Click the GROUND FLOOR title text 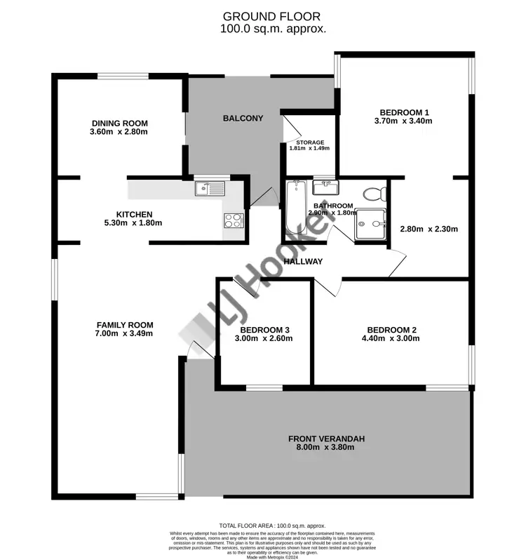(x=263, y=15)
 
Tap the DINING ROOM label (x=119, y=123)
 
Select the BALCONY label (x=243, y=118)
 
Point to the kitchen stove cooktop (x=234, y=220)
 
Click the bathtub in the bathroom (x=294, y=207)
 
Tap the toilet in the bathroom (x=372, y=193)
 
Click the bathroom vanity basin (x=325, y=187)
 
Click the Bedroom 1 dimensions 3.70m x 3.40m (x=405, y=121)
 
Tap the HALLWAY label (x=303, y=262)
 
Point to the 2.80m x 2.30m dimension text (x=429, y=229)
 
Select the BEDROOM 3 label (x=264, y=330)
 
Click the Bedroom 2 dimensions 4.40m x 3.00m (x=392, y=338)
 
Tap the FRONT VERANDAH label (x=326, y=439)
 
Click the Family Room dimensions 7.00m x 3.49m (x=124, y=333)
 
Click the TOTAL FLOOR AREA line (x=273, y=525)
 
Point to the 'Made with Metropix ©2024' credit (x=273, y=556)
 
